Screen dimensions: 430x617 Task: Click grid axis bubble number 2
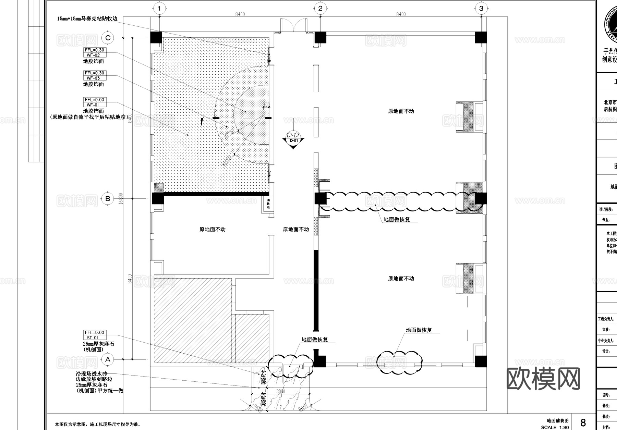(320, 8)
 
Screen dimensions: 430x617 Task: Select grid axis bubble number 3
(481, 8)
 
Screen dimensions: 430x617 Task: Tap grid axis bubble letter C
(108, 38)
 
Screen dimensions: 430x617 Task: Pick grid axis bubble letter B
(108, 198)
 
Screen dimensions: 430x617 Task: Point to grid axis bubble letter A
(108, 359)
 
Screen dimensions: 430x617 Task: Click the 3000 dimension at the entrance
(281, 391)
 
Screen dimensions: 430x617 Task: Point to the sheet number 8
(583, 422)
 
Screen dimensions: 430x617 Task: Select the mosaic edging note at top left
(87, 19)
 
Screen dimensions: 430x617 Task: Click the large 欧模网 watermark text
(543, 379)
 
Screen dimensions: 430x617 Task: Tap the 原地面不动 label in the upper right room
(401, 111)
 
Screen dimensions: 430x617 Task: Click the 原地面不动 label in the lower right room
(401, 279)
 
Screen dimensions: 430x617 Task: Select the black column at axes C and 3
(481, 37)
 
